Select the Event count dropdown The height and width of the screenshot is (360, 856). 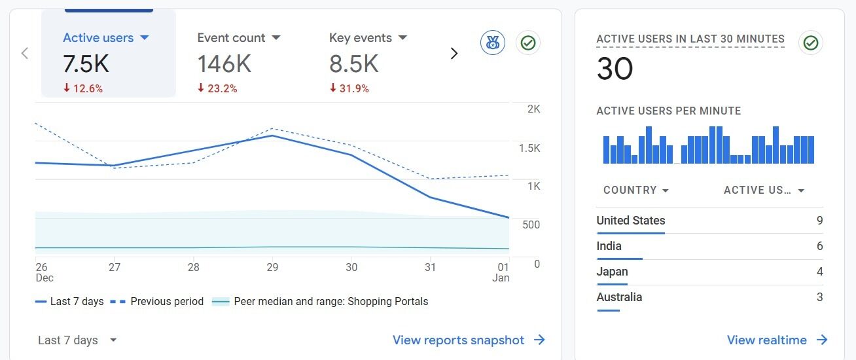[239, 38]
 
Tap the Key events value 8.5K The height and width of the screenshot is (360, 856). [353, 63]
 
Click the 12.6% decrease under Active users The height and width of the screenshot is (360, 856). [83, 88]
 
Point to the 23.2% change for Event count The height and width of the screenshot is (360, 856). [217, 88]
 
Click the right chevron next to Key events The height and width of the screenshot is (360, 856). [454, 54]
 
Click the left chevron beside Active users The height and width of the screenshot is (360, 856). [25, 54]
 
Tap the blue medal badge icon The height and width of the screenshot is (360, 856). [492, 43]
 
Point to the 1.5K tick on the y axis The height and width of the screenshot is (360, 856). [529, 148]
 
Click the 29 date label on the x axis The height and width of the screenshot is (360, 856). [272, 267]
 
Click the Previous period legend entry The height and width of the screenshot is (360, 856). [157, 302]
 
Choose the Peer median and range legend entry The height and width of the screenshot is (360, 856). [321, 302]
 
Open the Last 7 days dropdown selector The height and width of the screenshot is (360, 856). [77, 340]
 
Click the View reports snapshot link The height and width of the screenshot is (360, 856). [469, 340]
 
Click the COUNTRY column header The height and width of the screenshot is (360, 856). [635, 190]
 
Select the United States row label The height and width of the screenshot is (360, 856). [630, 221]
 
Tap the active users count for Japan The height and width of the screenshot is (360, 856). [819, 272]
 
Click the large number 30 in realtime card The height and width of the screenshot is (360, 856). [615, 69]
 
